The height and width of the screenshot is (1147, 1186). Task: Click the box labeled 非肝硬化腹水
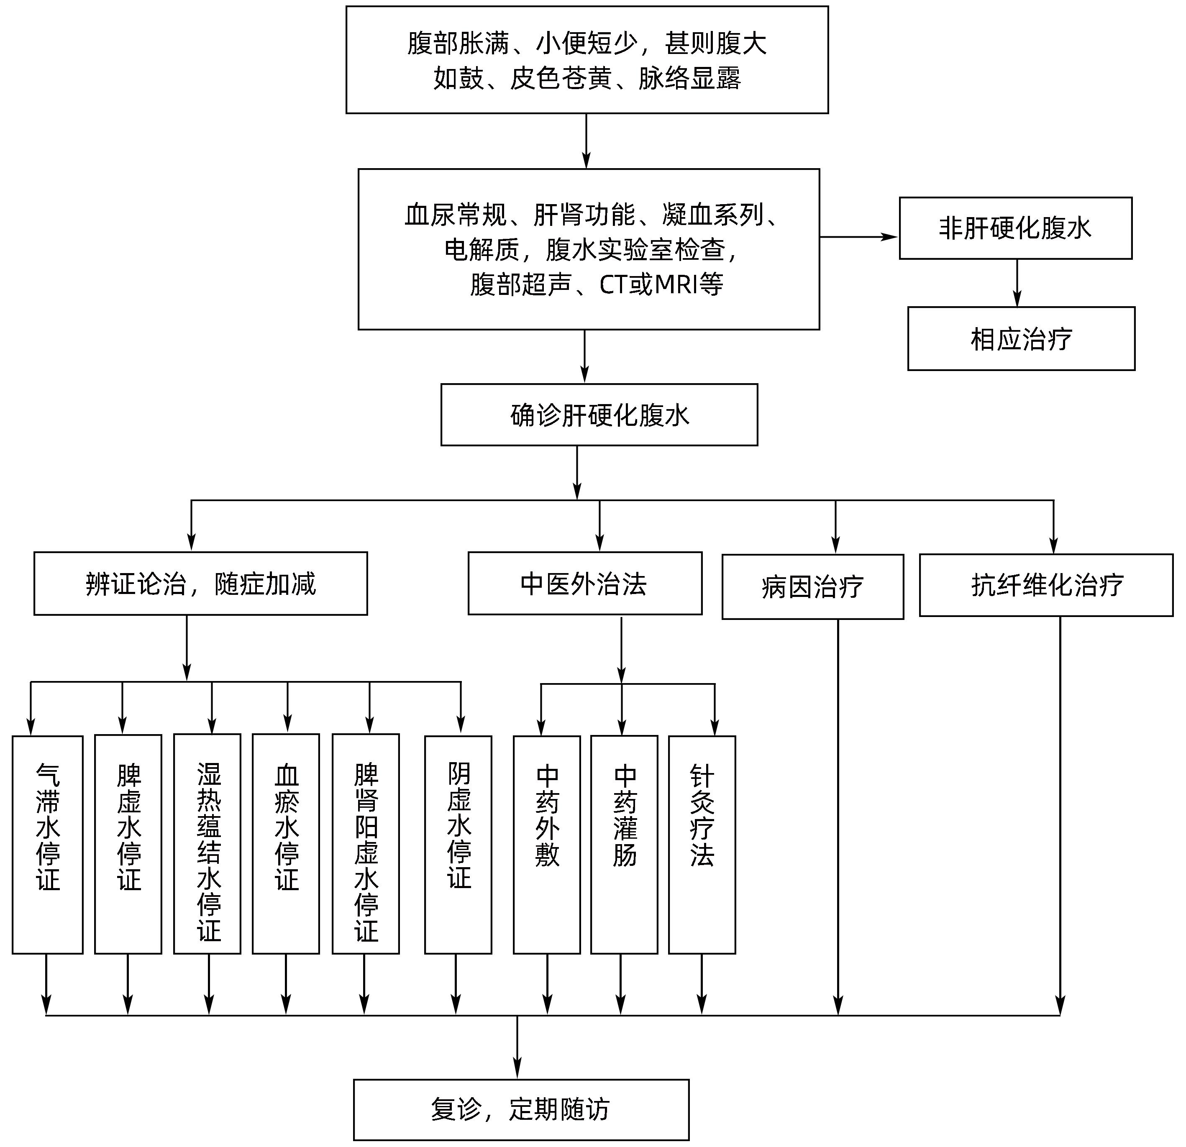[1015, 228]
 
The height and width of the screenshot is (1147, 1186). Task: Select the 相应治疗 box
[1021, 339]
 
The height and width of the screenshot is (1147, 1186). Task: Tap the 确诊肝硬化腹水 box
[599, 415]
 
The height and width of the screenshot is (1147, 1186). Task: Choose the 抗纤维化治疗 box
[1045, 585]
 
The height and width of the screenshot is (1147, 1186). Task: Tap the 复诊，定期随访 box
[521, 1109]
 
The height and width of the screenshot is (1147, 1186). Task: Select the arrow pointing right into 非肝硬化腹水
[859, 237]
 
